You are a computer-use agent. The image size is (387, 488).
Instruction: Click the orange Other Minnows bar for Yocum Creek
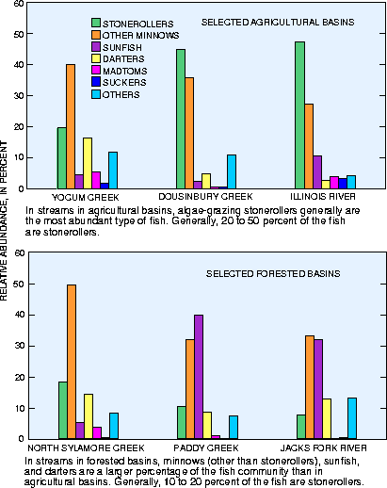71,126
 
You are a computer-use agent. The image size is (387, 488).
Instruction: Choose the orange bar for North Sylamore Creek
72,362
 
